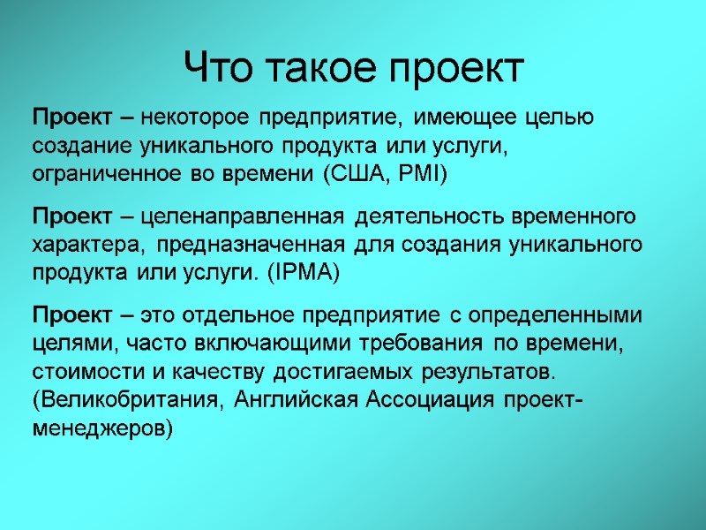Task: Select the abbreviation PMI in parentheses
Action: (419, 175)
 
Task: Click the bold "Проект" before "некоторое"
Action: (71, 117)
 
